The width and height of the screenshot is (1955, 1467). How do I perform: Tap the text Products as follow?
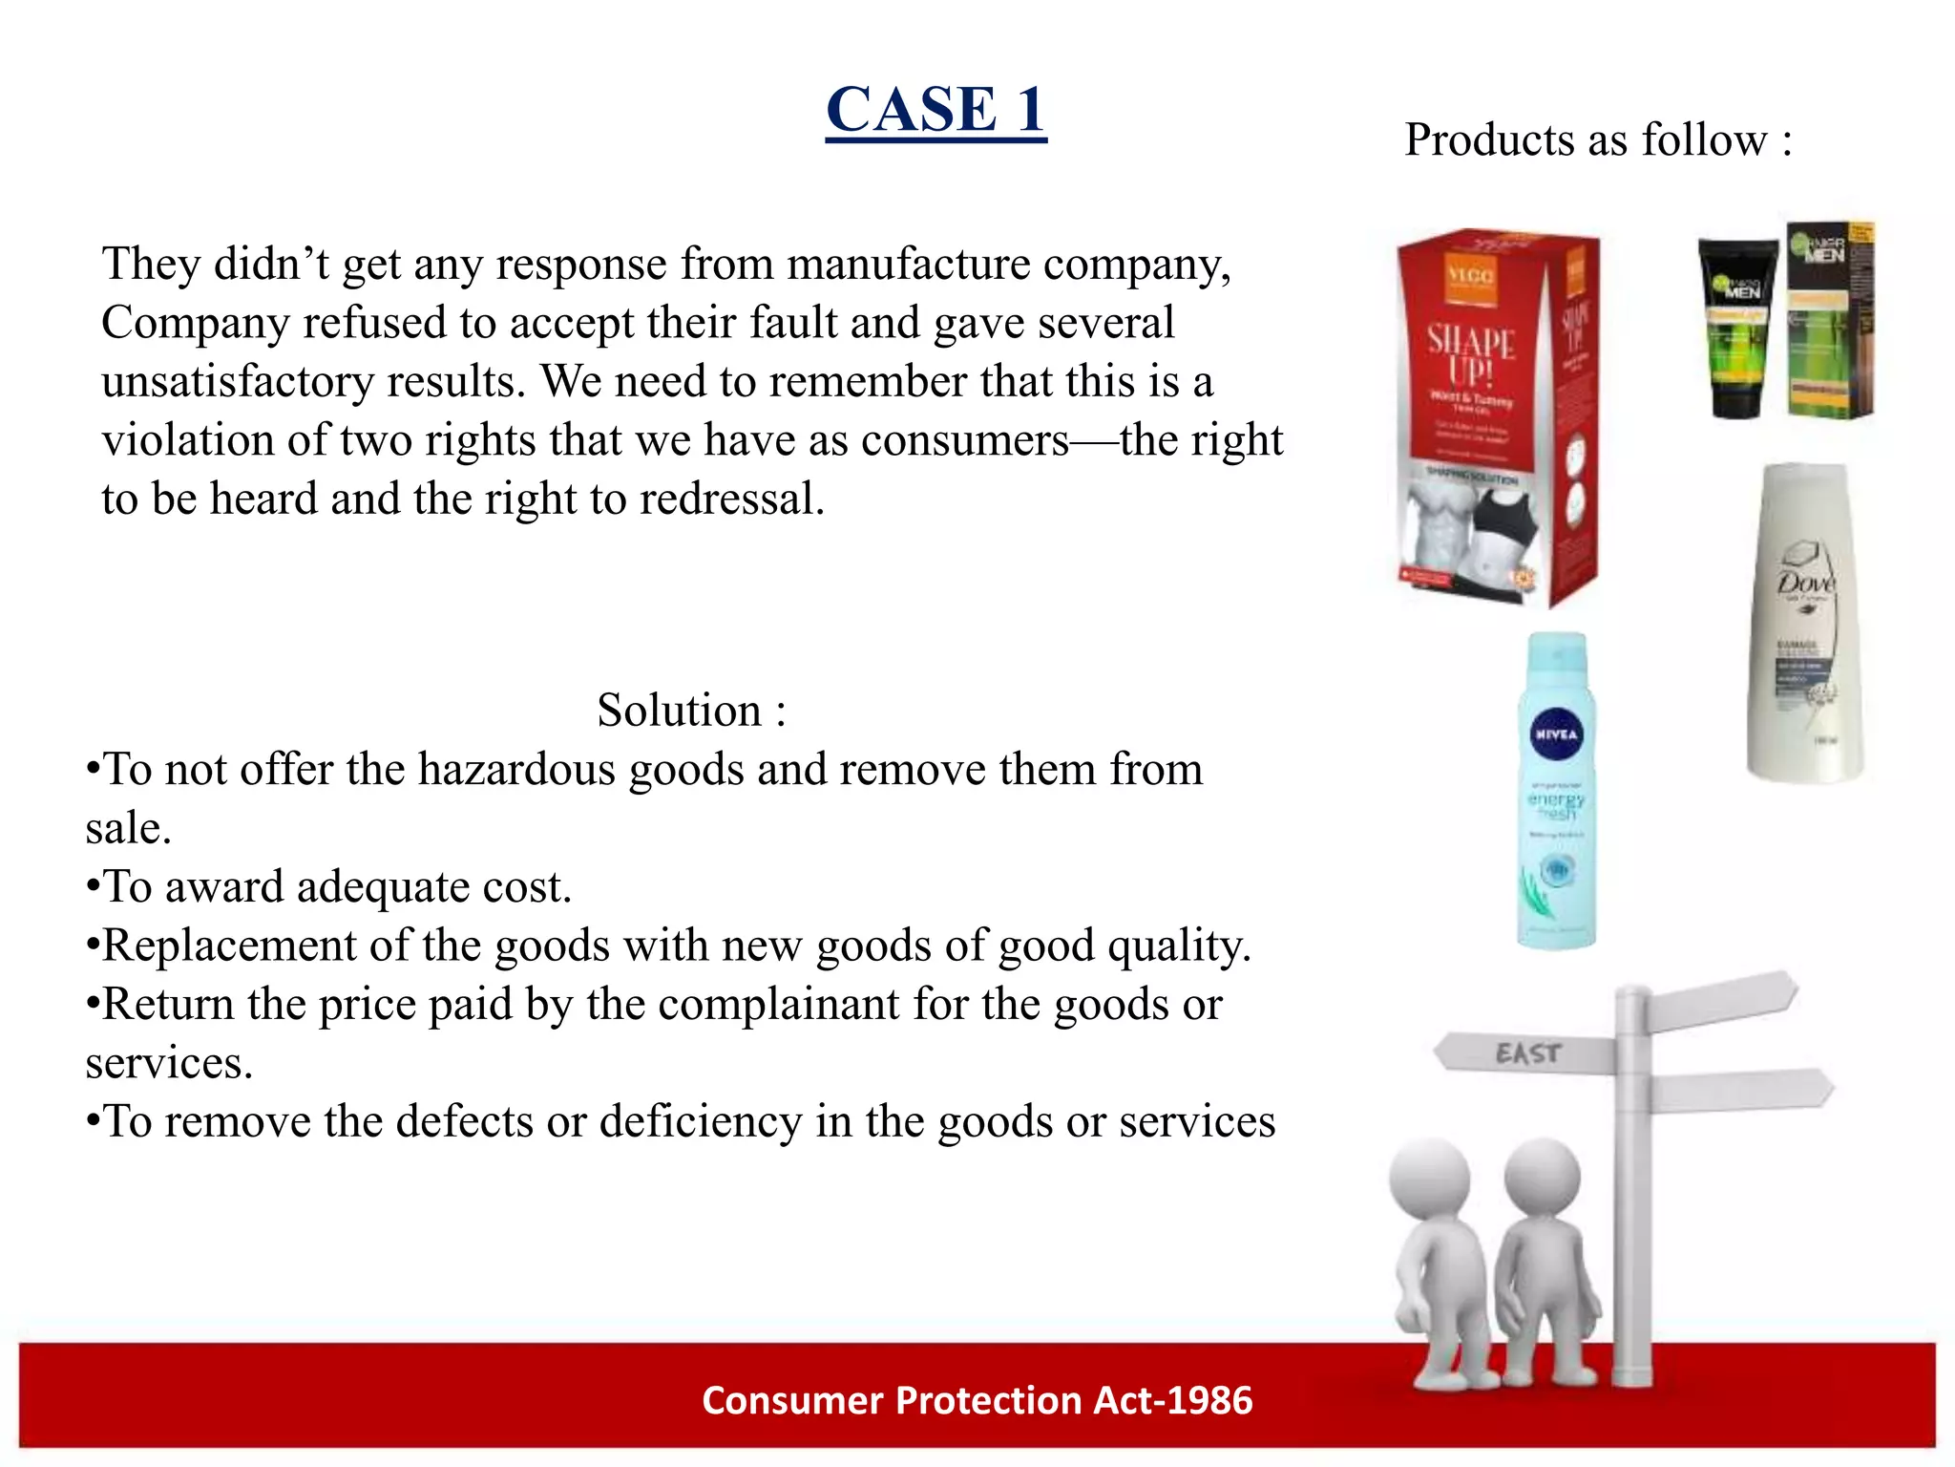tap(1597, 140)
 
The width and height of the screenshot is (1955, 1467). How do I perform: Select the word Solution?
tap(679, 711)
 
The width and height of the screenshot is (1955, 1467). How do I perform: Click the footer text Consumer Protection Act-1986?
tap(977, 1400)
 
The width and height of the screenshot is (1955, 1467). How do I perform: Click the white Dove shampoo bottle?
tap(1804, 626)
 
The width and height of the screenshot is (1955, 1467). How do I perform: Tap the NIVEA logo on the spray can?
tap(1556, 733)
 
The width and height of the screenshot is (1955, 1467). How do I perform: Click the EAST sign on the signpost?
tap(1527, 1053)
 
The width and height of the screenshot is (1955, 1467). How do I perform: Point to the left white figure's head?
tap(1429, 1180)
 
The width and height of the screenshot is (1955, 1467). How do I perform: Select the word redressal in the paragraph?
tap(731, 500)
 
